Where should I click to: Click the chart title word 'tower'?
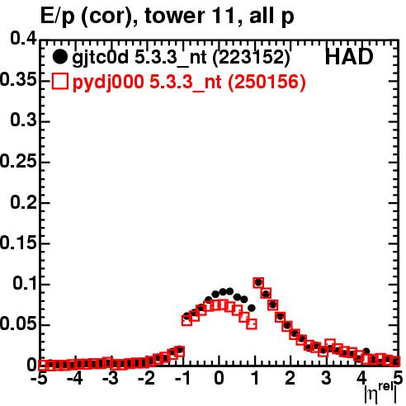174,16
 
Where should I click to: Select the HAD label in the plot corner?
349,57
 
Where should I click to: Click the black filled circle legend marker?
59,57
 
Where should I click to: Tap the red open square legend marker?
60,82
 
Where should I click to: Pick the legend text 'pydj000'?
108,83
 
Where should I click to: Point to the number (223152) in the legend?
252,58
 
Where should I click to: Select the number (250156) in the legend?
267,82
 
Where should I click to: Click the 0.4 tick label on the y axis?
23,39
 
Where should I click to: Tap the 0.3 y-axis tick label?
23,120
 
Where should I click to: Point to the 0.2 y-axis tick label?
23,201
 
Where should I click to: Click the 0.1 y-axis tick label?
25,283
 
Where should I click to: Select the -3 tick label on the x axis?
111,378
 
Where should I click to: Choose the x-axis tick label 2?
290,378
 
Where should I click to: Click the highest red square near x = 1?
258,282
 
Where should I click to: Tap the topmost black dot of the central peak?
223,291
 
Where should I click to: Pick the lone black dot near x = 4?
366,351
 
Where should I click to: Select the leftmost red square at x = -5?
42,365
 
